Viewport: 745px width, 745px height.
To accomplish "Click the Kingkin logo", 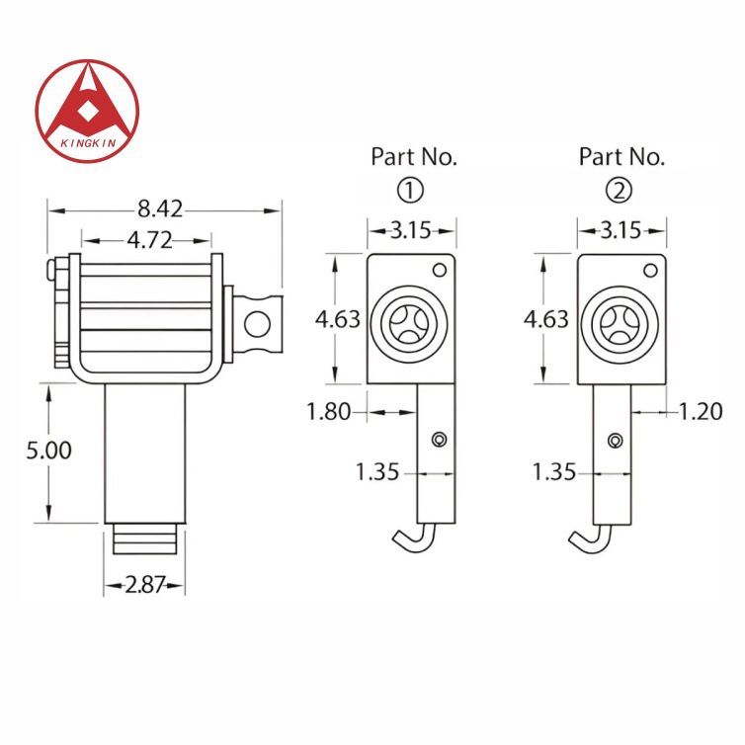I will pos(87,111).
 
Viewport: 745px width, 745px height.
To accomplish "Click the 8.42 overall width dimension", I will pos(160,209).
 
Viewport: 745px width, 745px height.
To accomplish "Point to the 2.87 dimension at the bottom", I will pos(144,586).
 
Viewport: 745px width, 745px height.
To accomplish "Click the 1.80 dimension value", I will pos(329,412).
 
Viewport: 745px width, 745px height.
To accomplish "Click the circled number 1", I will pos(413,189).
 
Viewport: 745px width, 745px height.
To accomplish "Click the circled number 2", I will pos(622,189).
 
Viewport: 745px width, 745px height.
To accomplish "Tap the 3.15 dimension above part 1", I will pos(410,231).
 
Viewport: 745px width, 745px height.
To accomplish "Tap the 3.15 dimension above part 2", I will pos(621,231).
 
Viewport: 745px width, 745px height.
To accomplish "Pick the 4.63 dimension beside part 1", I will pos(337,319).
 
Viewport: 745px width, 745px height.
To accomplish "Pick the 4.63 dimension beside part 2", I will pos(545,319).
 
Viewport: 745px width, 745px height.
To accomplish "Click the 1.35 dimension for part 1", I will pos(377,472).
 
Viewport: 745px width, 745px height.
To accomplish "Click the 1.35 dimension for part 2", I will pos(553,472).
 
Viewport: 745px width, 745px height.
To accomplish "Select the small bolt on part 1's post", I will pos(440,440).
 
